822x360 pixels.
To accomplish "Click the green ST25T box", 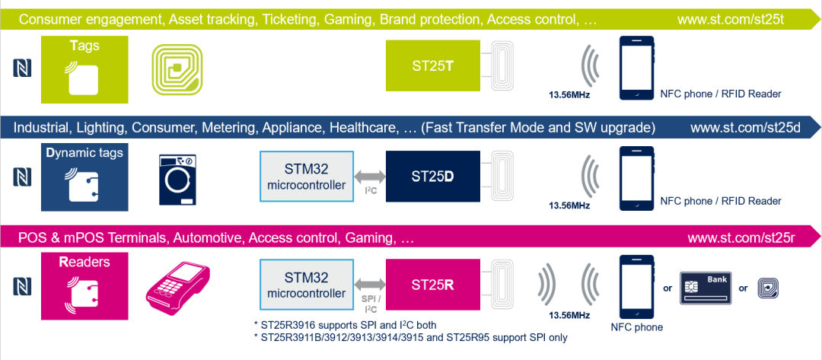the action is [433, 66].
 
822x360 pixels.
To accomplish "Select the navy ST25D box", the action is [433, 176].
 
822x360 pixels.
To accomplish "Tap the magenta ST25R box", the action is [433, 285].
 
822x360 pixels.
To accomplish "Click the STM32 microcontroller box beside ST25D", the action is [307, 176].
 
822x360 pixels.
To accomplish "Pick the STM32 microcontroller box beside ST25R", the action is [307, 285].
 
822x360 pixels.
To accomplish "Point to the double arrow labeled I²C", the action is [370, 177].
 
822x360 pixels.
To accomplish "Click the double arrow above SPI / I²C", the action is [370, 285].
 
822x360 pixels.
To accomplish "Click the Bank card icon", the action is [706, 288].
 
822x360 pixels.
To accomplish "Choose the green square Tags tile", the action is [85, 69].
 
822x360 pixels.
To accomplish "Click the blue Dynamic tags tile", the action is [85, 178].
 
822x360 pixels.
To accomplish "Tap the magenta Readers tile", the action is [85, 286].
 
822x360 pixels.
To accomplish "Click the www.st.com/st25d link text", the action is [745, 129].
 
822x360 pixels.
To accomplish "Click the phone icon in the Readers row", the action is [637, 287].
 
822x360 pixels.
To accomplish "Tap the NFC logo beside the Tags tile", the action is [22, 68].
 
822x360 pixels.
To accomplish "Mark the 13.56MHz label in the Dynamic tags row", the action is [569, 205].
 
